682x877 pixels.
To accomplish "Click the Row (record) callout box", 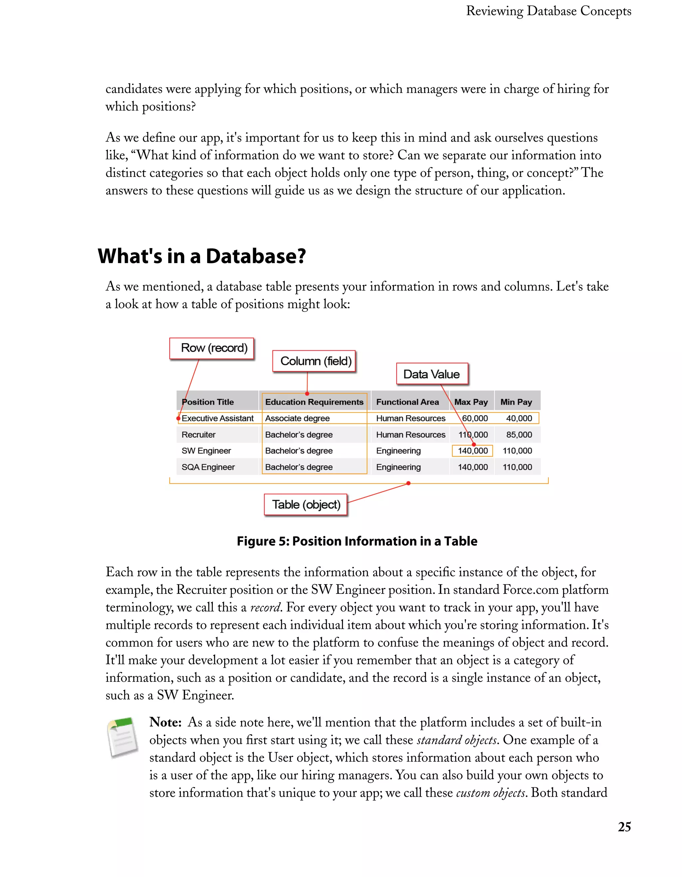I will [211, 348].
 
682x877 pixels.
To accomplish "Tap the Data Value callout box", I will [432, 374].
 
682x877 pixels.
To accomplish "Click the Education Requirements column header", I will [314, 402].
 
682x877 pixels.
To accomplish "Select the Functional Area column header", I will [407, 402].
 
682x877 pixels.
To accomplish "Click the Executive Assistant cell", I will [217, 418].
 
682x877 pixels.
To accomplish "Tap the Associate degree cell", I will [297, 418].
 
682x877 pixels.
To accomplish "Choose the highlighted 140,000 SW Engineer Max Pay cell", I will [473, 451].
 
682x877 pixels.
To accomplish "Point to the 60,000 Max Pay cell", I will [475, 418].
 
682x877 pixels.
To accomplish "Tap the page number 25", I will [624, 827].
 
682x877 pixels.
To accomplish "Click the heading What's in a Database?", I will [201, 256].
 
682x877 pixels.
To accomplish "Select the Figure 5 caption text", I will [357, 541].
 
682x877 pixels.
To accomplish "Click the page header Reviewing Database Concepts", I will [548, 11].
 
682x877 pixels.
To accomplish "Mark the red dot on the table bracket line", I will [408, 483].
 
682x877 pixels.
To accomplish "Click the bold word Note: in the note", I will [166, 722].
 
